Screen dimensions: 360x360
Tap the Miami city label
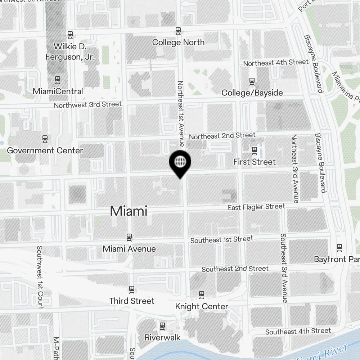129,211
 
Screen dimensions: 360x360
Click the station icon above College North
178,31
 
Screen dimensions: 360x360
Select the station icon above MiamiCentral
57,80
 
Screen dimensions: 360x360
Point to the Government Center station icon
45,139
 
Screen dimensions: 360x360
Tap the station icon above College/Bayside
252,81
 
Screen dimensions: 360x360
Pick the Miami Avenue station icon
129,237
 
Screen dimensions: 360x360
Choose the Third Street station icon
132,289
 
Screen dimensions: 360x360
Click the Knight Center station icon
202,295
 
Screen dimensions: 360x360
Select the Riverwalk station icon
162,326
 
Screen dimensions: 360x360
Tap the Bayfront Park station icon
339,247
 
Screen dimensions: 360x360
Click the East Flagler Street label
256,207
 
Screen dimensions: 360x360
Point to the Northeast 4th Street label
276,63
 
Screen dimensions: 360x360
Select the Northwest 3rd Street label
87,105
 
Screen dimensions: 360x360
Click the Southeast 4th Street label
298,331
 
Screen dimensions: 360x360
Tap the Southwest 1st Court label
40,277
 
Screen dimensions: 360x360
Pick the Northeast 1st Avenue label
180,113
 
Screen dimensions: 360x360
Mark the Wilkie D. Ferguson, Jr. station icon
70,35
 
